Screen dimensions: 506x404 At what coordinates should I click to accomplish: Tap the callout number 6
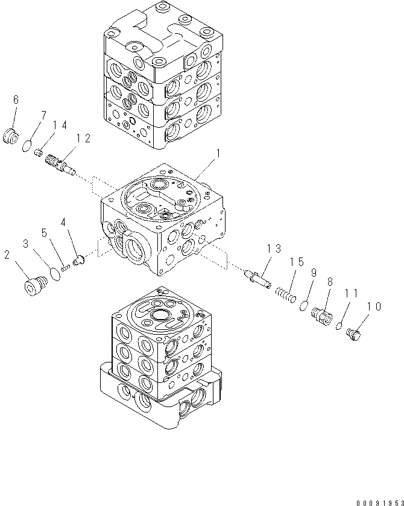pyautogui.click(x=16, y=100)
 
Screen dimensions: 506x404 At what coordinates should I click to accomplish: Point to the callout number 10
pyautogui.click(x=373, y=307)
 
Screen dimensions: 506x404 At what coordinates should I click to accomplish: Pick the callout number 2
pyautogui.click(x=7, y=256)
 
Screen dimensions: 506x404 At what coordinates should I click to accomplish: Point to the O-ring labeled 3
pyautogui.click(x=55, y=274)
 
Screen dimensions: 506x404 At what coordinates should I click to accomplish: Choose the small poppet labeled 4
pyautogui.click(x=78, y=261)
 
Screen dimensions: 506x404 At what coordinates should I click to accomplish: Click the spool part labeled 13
pyautogui.click(x=257, y=278)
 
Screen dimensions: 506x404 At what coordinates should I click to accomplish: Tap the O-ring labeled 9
pyautogui.click(x=305, y=306)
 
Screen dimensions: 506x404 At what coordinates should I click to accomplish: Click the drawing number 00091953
pyautogui.click(x=374, y=501)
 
